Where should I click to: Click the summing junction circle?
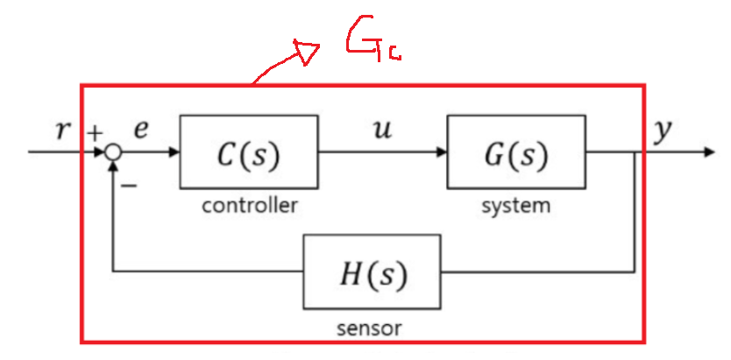[112, 152]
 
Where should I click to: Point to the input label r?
[61, 131]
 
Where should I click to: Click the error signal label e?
[141, 130]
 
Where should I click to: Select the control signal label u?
[382, 130]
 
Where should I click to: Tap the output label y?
[664, 132]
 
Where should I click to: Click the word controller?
[249, 207]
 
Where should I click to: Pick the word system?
[516, 207]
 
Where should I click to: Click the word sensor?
[369, 329]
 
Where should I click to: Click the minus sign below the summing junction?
[130, 184]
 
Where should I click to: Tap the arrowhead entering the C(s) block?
[174, 152]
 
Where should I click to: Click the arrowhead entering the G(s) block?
[441, 152]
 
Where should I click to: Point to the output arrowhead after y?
[708, 152]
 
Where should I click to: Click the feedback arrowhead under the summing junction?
[112, 167]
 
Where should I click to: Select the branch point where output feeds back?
[635, 152]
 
